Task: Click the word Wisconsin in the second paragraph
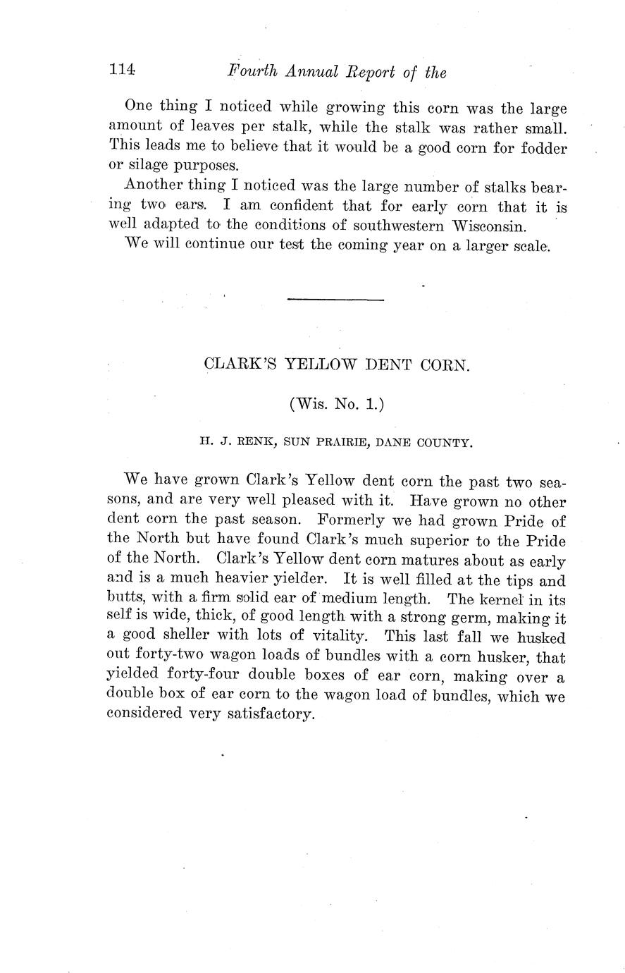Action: [x=488, y=227]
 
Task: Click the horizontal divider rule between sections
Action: [x=335, y=300]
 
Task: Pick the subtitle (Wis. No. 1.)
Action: [x=335, y=404]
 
